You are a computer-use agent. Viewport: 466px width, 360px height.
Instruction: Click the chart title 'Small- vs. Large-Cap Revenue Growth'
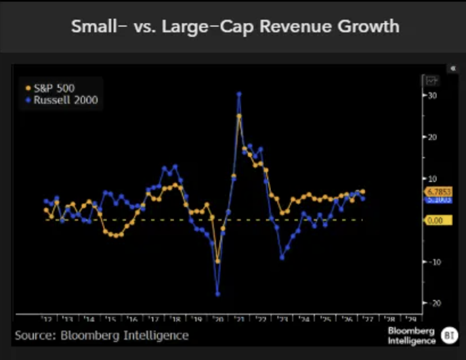[x=235, y=27]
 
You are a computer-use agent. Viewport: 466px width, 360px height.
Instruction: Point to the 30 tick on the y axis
[x=431, y=95]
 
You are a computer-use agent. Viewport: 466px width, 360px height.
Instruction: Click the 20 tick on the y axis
[x=431, y=137]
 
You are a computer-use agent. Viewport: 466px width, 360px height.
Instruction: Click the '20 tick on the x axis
[x=217, y=319]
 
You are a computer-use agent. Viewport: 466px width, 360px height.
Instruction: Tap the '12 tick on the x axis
[x=47, y=319]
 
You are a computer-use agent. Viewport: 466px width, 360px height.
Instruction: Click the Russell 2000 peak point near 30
[x=239, y=94]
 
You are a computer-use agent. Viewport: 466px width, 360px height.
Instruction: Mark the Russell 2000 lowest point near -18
[x=217, y=294]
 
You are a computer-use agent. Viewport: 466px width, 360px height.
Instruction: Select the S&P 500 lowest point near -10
[x=217, y=261]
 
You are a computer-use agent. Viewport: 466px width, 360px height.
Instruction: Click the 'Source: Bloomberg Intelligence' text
[x=102, y=336]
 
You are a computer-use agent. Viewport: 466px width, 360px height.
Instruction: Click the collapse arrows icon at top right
[x=454, y=68]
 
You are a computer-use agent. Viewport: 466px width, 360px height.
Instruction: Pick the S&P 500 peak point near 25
[x=239, y=116]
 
